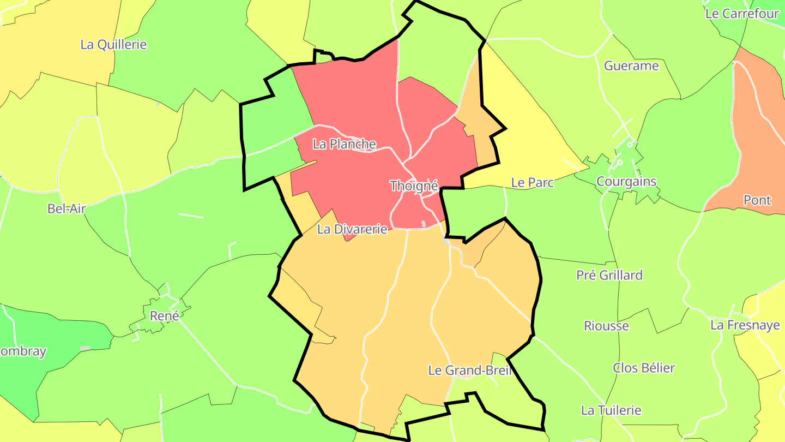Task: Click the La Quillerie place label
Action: pos(113,45)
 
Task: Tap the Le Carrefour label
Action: pos(742,14)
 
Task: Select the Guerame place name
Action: pos(631,66)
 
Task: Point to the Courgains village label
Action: pos(626,181)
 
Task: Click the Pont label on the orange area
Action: pos(757,200)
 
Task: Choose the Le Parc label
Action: pos(532,183)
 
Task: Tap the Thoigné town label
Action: pos(414,186)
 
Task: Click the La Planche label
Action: pos(344,144)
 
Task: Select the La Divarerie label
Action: pos(352,229)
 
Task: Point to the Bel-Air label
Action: pos(67,208)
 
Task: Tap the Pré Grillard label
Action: pos(609,275)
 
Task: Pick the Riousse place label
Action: pos(606,326)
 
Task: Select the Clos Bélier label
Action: pos(644,368)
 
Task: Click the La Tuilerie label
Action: pos(611,410)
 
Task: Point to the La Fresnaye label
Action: pos(745,325)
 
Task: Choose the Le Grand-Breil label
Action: pos(469,371)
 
